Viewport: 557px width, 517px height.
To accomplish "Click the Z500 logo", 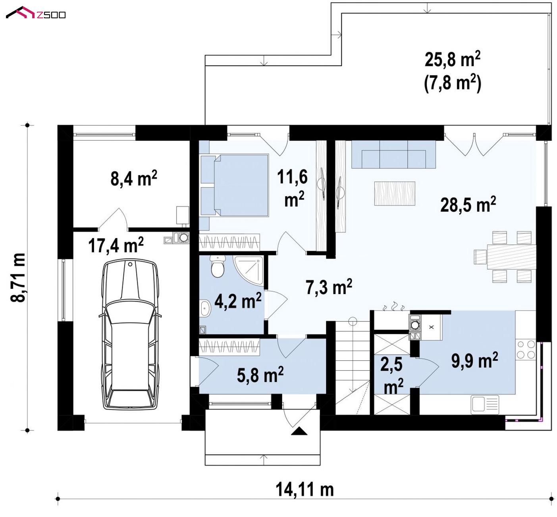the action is (x=36, y=13).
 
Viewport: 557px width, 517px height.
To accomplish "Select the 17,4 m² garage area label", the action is (x=116, y=245).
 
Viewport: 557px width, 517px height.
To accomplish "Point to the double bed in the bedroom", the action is (x=235, y=185).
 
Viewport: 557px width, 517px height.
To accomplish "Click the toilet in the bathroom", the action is (x=217, y=266).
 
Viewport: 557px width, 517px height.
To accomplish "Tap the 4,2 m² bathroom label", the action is (x=238, y=300).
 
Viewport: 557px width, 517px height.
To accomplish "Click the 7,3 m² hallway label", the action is (x=329, y=287).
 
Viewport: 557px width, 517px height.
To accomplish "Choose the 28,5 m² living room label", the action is (x=468, y=204).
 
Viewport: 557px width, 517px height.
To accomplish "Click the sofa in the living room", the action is (x=393, y=154).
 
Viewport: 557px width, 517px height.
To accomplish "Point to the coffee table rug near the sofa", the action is (x=395, y=194).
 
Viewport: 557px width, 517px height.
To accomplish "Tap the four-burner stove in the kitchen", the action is (x=526, y=350).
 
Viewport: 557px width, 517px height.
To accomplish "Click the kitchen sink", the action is (x=485, y=405).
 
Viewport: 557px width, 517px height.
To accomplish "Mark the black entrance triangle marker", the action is (x=299, y=431).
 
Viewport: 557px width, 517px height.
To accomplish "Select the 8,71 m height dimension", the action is (x=18, y=278).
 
